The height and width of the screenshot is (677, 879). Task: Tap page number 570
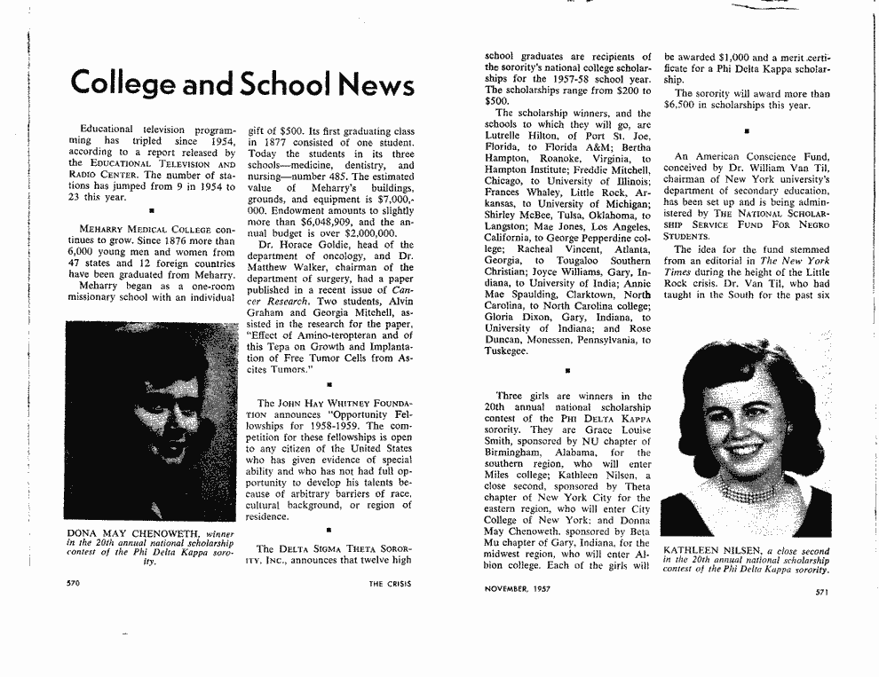pyautogui.click(x=75, y=584)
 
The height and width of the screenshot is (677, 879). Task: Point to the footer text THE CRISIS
pyautogui.click(x=392, y=584)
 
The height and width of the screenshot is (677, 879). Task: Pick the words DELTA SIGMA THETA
pyautogui.click(x=334, y=548)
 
